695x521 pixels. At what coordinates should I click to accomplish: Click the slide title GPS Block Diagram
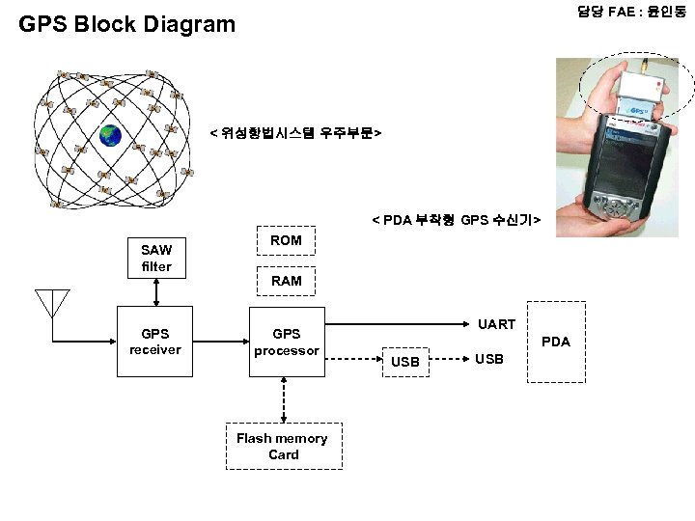coord(126,24)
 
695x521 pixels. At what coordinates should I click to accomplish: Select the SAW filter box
coord(155,258)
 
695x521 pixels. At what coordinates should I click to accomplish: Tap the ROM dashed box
coord(286,240)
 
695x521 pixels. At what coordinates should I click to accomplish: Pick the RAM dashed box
coord(286,281)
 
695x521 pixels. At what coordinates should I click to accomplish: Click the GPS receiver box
coord(154,343)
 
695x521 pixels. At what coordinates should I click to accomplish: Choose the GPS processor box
coord(286,343)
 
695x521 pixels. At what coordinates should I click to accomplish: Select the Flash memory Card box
coord(284,446)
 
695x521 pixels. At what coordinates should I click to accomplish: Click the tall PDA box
coord(555,342)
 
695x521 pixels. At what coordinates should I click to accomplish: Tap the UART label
coord(497,324)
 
